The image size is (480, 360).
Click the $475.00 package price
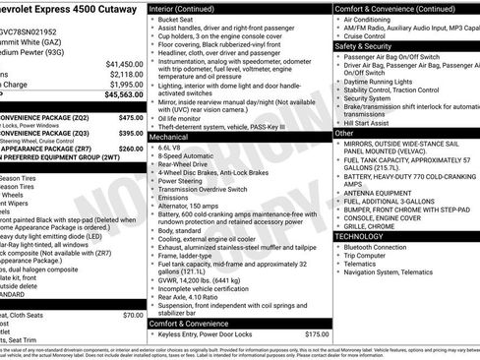pos(131,117)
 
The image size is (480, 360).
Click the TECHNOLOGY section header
pos(360,237)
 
